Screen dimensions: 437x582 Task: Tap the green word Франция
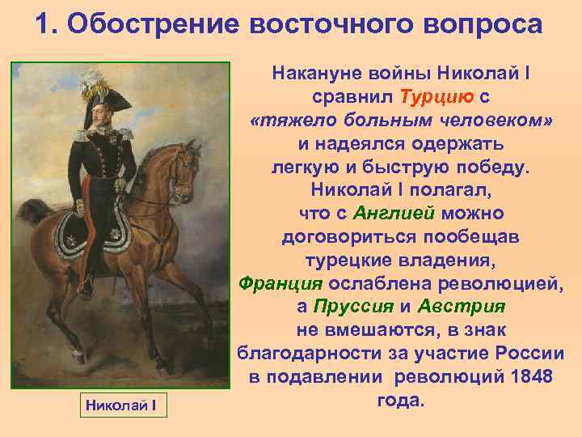tap(280, 284)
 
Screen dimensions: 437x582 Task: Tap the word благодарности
tap(306, 354)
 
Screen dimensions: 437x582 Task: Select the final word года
tap(401, 401)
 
